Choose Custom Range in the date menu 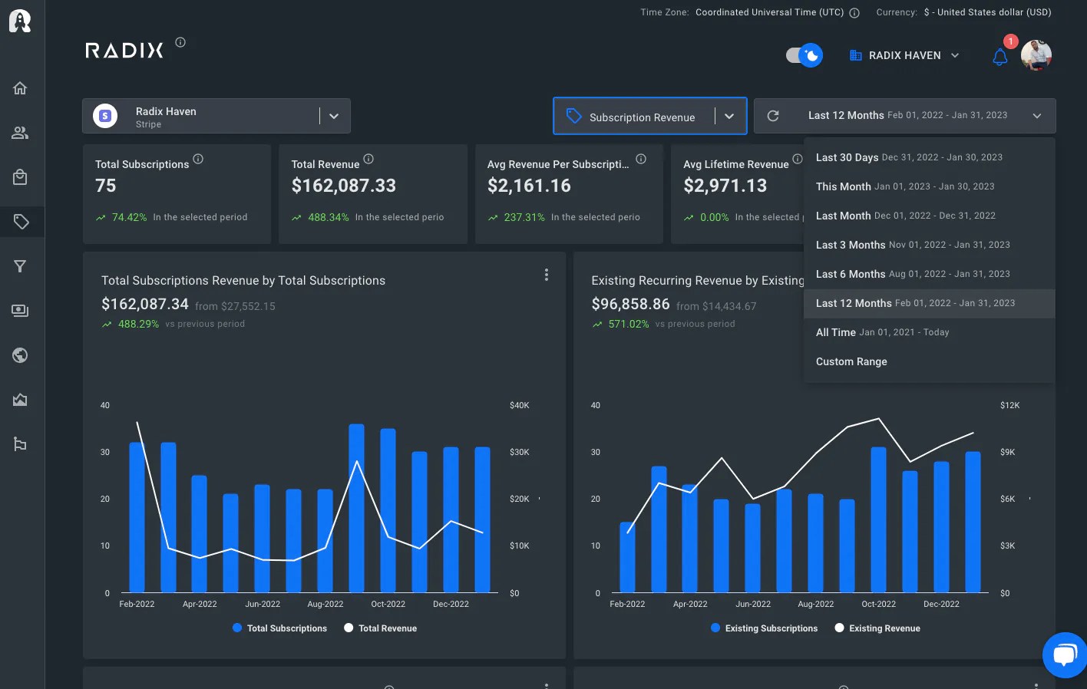coord(851,361)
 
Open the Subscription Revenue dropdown coord(649,117)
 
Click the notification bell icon coord(999,57)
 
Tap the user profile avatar coord(1036,55)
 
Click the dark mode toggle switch coord(804,55)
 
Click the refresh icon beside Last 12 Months coord(773,116)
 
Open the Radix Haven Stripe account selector coord(216,117)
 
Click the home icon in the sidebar coord(21,88)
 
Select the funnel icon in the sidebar coord(21,266)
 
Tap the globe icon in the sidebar coord(21,355)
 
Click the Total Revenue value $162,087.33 coord(344,186)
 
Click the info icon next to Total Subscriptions coord(198,159)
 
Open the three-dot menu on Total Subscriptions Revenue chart coord(546,275)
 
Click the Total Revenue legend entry coord(380,628)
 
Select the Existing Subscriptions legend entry coord(764,628)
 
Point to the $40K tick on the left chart coord(519,405)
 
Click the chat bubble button coord(1064,654)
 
